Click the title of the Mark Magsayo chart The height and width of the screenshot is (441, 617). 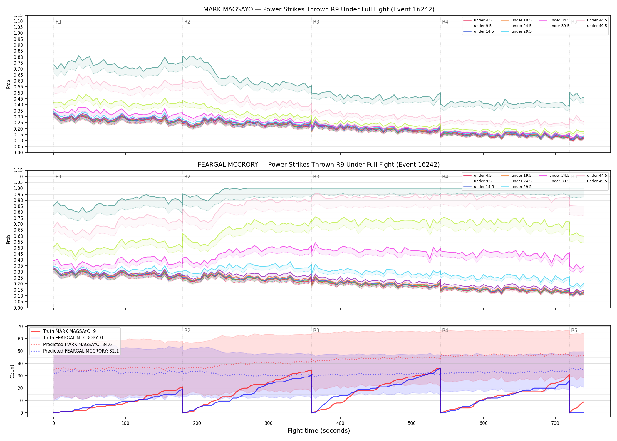(319, 9)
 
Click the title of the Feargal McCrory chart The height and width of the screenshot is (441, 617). (319, 165)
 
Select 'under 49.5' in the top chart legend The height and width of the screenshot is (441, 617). (597, 26)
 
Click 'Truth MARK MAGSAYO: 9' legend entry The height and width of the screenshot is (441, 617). (69, 331)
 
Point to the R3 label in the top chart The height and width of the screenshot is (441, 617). (316, 22)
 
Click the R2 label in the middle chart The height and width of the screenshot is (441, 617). (187, 177)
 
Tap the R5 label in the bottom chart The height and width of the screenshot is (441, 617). (574, 330)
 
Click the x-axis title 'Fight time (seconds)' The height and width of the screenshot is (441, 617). (319, 431)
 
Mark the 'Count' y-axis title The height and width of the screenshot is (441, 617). (12, 371)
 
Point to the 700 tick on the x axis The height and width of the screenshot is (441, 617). (555, 423)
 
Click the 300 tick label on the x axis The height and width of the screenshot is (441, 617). (269, 423)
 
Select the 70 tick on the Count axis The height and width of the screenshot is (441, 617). (20, 326)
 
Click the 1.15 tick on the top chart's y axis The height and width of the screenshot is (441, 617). (18, 16)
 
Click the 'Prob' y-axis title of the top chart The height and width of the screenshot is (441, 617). (9, 84)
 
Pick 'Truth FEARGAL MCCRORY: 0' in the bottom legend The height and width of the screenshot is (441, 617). (73, 338)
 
